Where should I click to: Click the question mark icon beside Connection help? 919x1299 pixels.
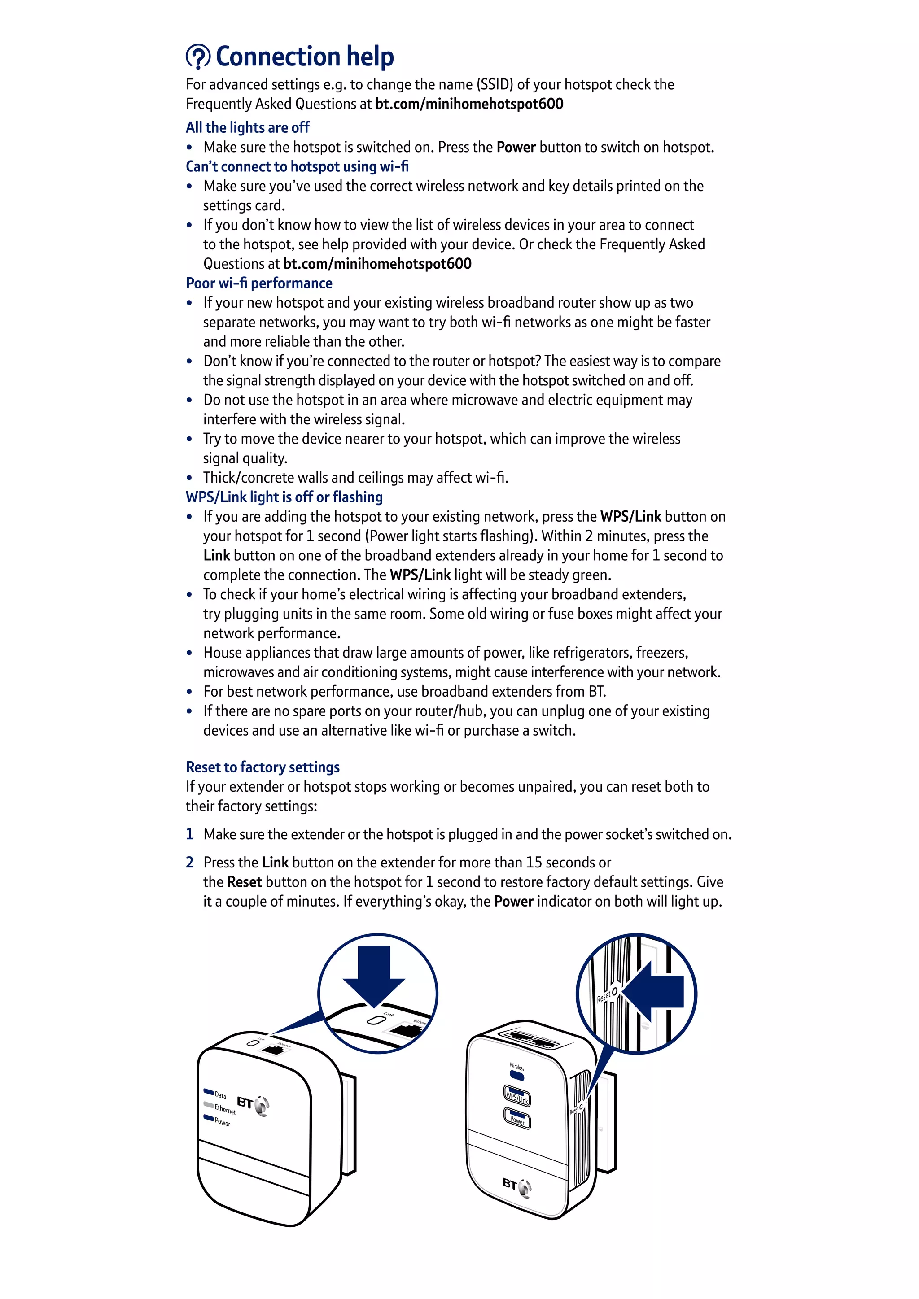(198, 57)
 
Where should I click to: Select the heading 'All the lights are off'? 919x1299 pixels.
(247, 127)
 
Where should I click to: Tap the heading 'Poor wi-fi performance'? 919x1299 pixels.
(258, 283)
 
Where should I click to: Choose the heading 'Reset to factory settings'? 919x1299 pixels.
(263, 767)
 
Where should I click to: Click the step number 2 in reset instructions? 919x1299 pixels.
(189, 862)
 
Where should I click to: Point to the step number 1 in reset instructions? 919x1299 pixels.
(189, 834)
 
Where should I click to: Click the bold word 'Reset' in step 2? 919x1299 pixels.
(244, 881)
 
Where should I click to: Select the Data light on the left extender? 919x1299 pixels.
(208, 1092)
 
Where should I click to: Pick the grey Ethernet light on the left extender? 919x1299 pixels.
(208, 1105)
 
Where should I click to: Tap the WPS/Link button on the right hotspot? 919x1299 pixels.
(516, 1095)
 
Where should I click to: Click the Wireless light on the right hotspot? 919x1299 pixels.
(516, 1074)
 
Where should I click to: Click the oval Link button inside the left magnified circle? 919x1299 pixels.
(375, 1020)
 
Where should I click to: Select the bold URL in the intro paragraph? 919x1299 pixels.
(469, 104)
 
